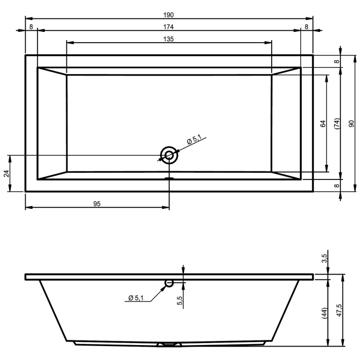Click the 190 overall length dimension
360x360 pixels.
169,14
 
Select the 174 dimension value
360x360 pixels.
169,27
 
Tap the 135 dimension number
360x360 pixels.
169,39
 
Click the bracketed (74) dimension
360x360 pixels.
336,123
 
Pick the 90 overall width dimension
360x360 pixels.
351,123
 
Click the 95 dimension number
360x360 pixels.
97,204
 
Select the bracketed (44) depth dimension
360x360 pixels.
325,313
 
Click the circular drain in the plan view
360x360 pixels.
169,155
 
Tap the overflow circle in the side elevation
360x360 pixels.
169,283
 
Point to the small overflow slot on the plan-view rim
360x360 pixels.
169,179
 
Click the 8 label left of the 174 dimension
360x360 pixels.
31,27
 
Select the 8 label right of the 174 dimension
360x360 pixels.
307,27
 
